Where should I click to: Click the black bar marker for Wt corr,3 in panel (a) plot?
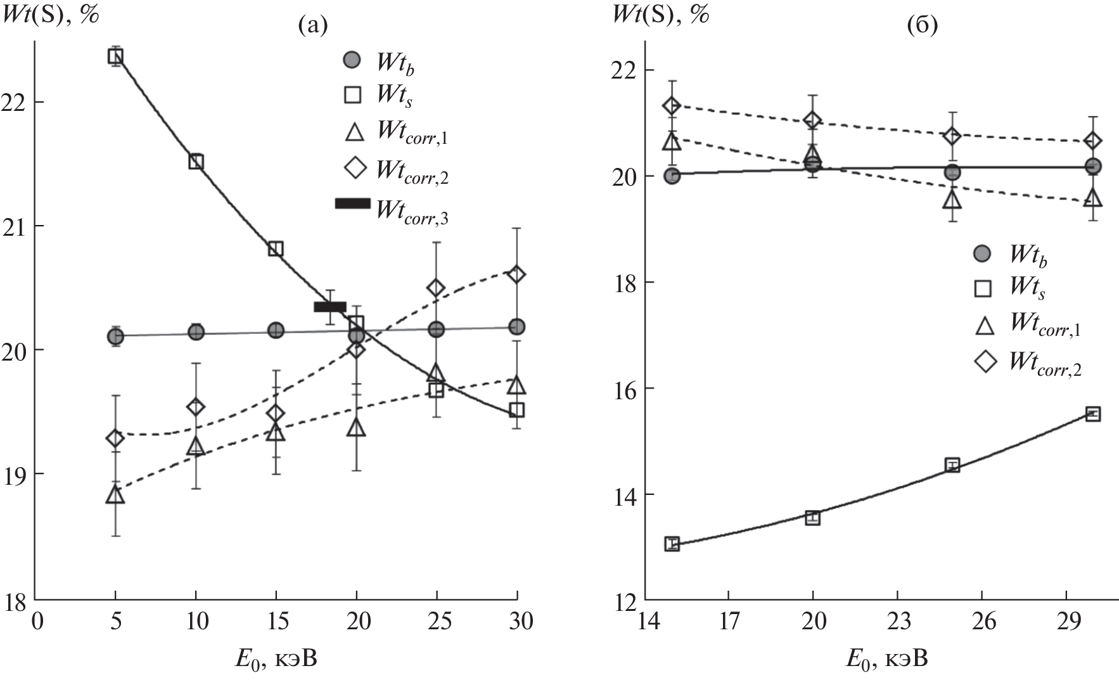point(329,307)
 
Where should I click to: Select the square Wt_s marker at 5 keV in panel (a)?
point(115,56)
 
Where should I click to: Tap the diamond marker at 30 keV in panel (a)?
point(516,274)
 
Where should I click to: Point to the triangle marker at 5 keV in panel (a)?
point(115,495)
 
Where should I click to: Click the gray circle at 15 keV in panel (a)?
point(276,330)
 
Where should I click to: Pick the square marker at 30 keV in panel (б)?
point(1092,414)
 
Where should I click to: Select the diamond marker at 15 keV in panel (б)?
point(672,105)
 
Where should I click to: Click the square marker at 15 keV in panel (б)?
point(672,544)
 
